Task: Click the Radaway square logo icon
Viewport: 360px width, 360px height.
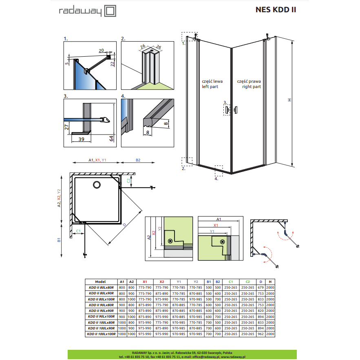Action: pyautogui.click(x=110, y=11)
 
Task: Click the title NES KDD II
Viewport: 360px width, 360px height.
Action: pyautogui.click(x=276, y=10)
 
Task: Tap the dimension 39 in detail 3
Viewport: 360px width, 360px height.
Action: pyautogui.click(x=81, y=139)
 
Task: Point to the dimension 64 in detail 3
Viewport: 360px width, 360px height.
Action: pyautogui.click(x=111, y=139)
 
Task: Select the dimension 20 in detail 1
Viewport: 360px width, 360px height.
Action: pyautogui.click(x=101, y=50)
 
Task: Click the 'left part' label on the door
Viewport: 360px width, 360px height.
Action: pyautogui.click(x=210, y=86)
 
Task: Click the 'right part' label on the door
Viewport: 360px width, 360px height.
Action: pyautogui.click(x=252, y=86)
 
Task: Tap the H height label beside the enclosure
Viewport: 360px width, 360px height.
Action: pyautogui.click(x=289, y=100)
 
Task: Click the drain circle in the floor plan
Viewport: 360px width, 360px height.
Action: pyautogui.click(x=97, y=185)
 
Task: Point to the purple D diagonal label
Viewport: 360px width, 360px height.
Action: pyautogui.click(x=124, y=225)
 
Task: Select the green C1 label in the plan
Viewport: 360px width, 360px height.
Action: pyautogui.click(x=78, y=231)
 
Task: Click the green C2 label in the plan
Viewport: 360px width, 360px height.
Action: pyautogui.click(x=128, y=181)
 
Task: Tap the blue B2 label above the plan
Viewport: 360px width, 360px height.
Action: pyautogui.click(x=138, y=160)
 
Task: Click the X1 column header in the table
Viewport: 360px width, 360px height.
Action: pyautogui.click(x=145, y=282)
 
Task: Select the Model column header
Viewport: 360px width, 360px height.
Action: pyautogui.click(x=100, y=282)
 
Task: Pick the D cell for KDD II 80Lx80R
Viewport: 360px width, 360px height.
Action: pyautogui.click(x=261, y=287)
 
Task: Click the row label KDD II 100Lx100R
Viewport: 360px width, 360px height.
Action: pyautogui.click(x=101, y=334)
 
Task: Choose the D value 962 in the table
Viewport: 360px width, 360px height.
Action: pyautogui.click(x=261, y=334)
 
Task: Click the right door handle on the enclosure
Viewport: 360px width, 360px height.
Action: pyautogui.click(x=236, y=110)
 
